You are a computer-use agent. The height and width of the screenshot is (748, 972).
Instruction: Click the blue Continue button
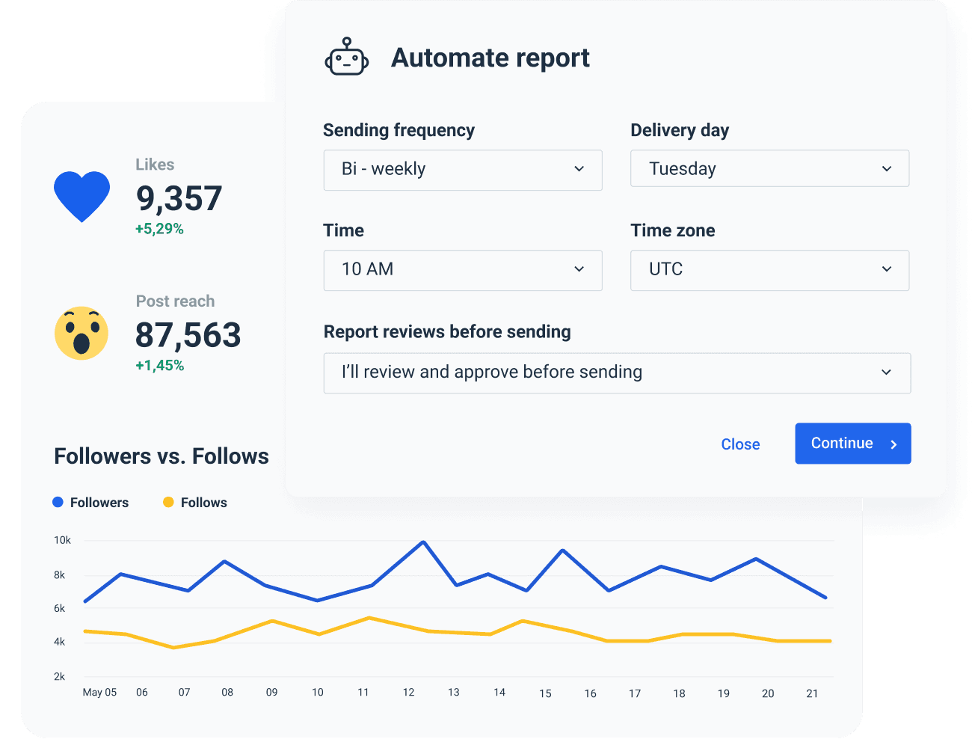point(852,444)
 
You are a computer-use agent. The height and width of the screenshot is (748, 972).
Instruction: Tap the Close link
point(740,444)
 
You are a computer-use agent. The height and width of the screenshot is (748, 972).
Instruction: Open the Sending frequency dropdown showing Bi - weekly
point(463,170)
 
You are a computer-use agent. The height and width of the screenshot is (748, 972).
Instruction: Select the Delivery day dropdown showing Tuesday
point(769,169)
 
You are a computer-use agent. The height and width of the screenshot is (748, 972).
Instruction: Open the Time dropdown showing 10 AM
point(463,270)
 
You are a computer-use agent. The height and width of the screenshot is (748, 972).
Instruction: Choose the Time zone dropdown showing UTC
point(769,270)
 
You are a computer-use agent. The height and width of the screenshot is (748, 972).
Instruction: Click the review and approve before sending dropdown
point(617,373)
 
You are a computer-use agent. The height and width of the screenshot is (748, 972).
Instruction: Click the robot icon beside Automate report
point(347,58)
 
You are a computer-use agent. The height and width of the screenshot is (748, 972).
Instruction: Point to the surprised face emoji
point(81,334)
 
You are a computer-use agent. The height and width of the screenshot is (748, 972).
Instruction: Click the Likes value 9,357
point(179,198)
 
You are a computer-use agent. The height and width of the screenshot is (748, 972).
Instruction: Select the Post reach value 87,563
point(188,335)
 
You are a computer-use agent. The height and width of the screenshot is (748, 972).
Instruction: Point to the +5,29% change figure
point(159,229)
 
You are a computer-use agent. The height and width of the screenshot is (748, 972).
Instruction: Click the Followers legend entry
point(90,503)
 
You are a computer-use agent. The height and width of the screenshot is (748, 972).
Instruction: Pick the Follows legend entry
point(195,503)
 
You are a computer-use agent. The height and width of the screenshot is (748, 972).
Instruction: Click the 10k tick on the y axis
point(62,540)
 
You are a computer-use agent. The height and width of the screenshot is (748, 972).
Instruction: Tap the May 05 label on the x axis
point(99,693)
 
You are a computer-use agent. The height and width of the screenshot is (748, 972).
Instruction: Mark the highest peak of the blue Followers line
point(423,542)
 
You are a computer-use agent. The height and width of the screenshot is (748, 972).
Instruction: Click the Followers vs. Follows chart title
point(162,456)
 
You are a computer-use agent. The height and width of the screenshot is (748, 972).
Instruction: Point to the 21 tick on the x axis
point(812,693)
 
